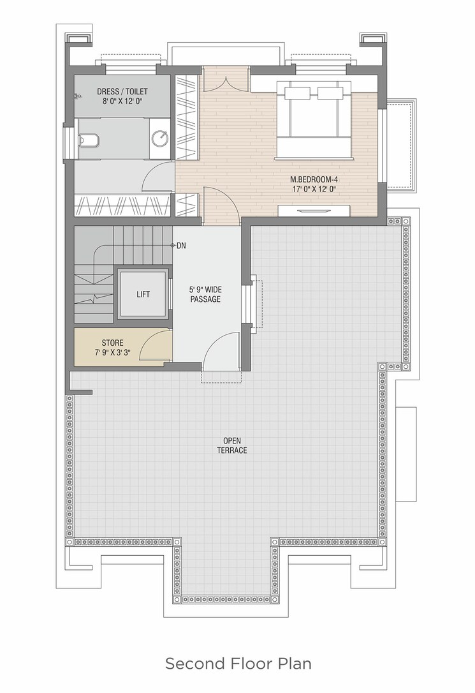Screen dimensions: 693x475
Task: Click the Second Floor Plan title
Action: (x=238, y=664)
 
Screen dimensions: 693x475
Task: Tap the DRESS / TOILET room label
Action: (x=122, y=92)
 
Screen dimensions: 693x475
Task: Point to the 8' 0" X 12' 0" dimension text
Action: (x=122, y=101)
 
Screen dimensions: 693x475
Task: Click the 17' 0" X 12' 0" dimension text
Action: (x=312, y=189)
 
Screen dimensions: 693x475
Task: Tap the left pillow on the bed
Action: (x=297, y=93)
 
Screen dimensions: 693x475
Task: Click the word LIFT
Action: (x=143, y=294)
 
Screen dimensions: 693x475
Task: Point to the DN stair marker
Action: (x=181, y=246)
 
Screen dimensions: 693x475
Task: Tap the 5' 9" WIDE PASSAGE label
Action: (x=205, y=294)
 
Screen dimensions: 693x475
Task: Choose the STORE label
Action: (x=112, y=343)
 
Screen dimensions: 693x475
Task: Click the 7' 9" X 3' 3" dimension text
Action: (x=112, y=352)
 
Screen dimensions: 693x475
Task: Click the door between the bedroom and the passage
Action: (x=221, y=204)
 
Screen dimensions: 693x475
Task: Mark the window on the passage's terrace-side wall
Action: (x=254, y=302)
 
